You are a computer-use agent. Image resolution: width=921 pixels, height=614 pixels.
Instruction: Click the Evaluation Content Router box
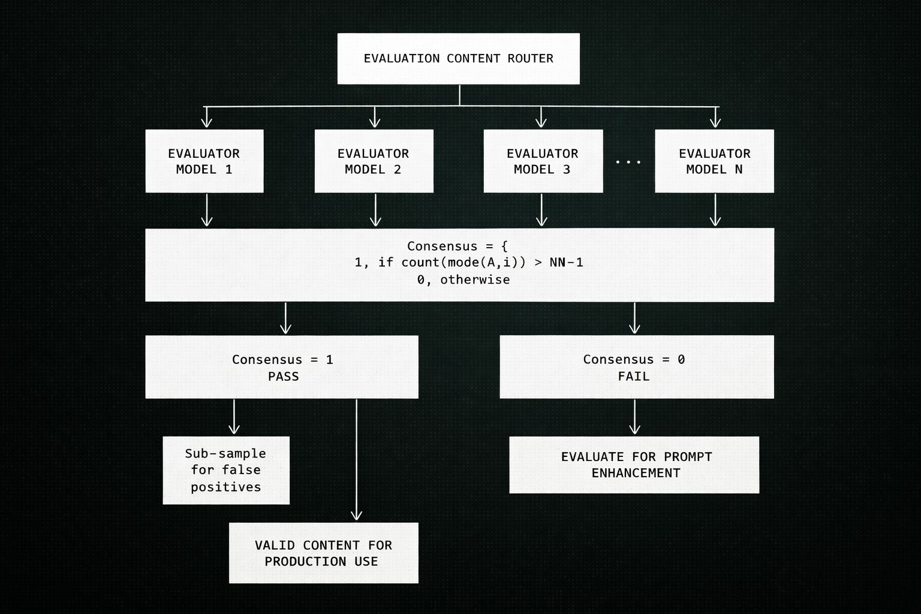(458, 58)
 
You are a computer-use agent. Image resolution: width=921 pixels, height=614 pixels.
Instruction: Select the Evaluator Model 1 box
(204, 161)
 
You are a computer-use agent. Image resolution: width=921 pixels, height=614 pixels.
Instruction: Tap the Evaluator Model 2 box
(374, 161)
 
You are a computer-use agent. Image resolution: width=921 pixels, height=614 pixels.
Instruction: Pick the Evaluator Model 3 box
(542, 161)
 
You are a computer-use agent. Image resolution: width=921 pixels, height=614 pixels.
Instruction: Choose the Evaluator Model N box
(714, 161)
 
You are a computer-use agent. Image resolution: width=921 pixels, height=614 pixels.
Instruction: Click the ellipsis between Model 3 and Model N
(628, 162)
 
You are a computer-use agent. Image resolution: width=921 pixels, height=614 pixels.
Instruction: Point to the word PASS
(283, 377)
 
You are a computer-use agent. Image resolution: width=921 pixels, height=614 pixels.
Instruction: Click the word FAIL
(634, 377)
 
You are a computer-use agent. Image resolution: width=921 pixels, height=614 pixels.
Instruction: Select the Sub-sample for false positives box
(226, 470)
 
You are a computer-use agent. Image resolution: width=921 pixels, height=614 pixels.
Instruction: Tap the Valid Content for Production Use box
(323, 553)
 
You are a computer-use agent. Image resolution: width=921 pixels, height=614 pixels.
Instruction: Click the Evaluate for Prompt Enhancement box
(634, 465)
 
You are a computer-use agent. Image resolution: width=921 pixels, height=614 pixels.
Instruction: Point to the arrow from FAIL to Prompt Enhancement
(634, 417)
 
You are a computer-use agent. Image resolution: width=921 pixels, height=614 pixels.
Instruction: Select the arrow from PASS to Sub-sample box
(234, 417)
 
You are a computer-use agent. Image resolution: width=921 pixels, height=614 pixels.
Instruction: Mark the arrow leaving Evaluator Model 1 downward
(207, 210)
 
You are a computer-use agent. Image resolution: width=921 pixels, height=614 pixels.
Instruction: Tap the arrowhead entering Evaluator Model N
(715, 122)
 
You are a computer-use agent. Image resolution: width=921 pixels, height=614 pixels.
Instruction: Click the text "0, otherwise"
(463, 279)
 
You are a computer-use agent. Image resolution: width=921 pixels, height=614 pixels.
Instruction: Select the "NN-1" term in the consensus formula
(566, 262)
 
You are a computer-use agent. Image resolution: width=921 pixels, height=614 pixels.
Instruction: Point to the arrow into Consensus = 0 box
(634, 318)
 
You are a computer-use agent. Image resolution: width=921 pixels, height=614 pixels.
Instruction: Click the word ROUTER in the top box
(530, 58)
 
